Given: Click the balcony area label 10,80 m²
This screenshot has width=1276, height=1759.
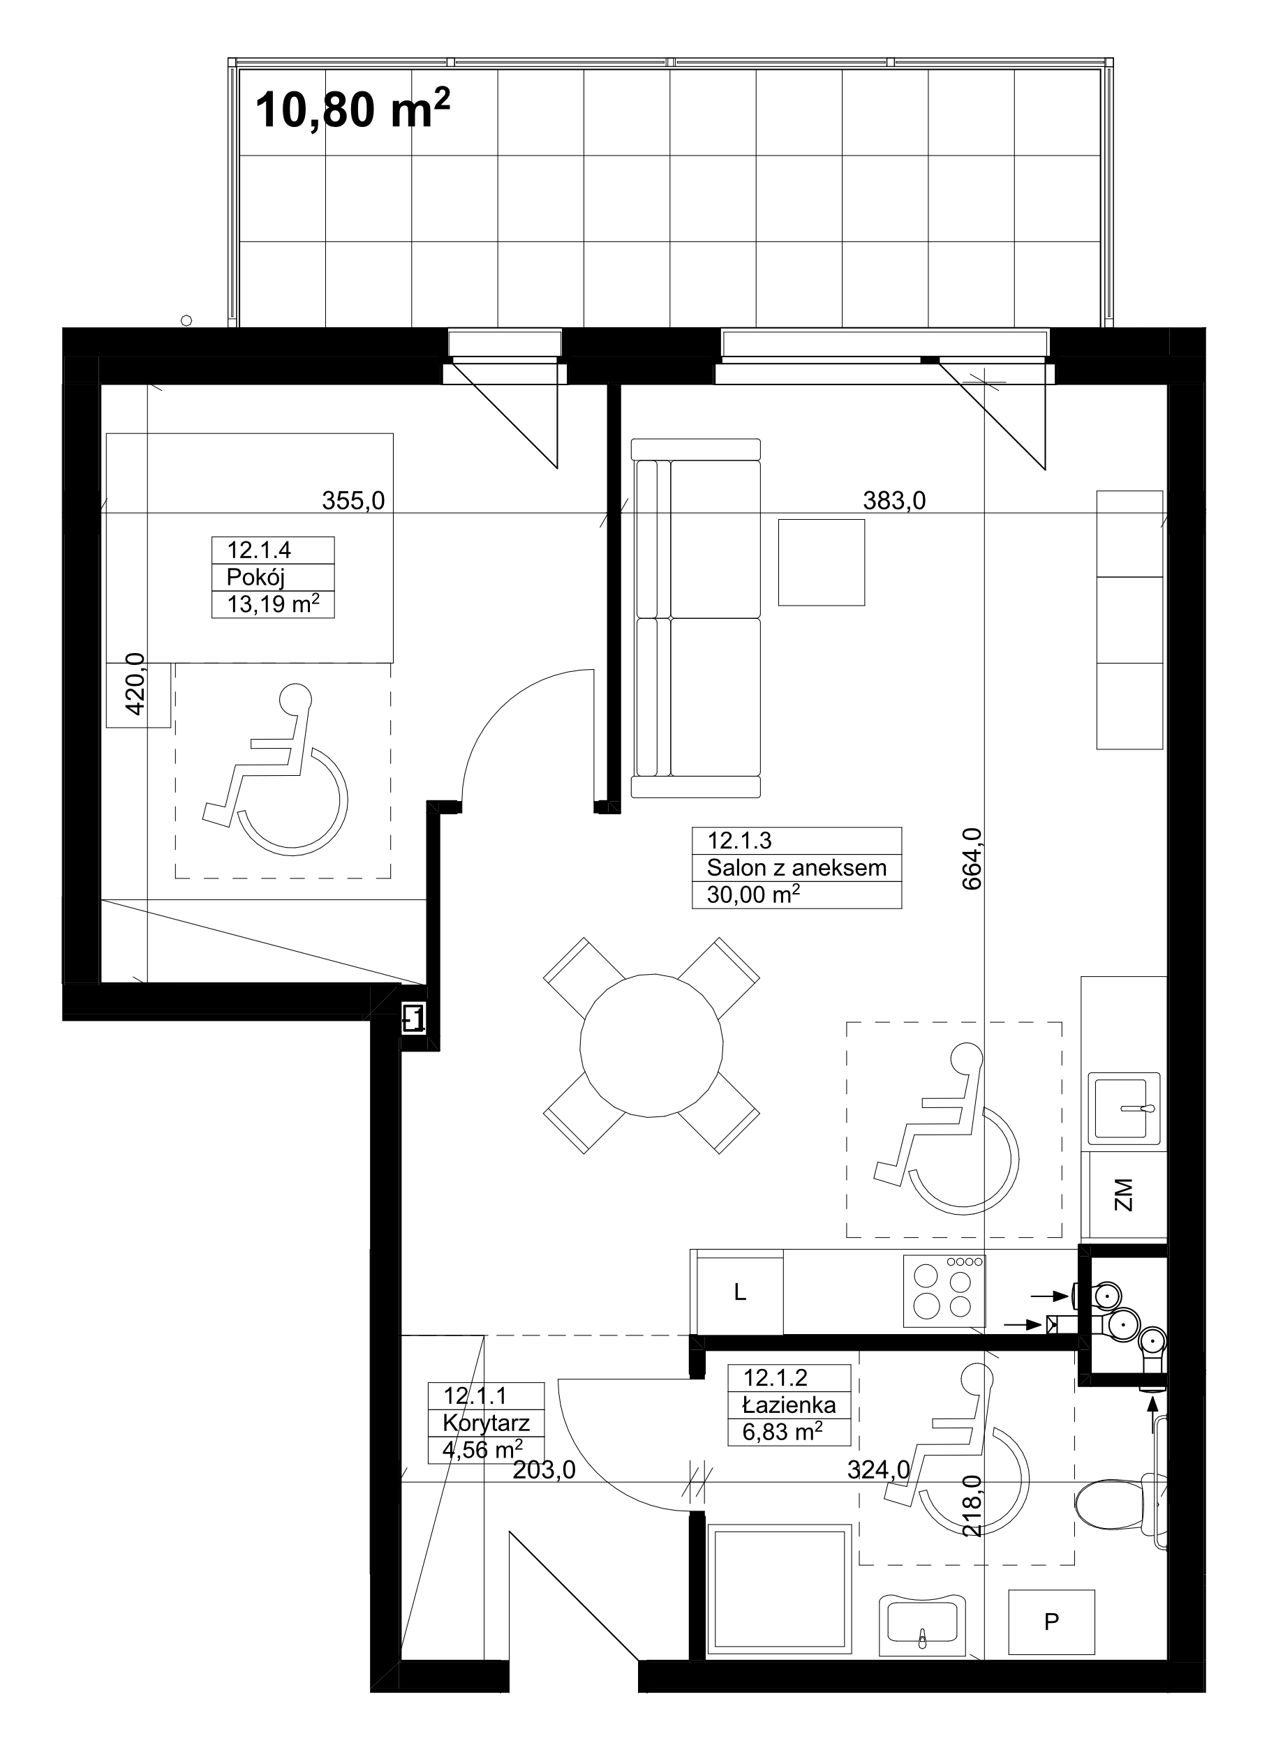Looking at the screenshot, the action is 353,109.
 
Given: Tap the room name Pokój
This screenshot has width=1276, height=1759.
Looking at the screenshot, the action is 255,578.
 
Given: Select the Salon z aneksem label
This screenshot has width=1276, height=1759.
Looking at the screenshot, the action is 796,868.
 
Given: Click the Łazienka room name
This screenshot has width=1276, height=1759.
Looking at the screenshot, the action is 789,1405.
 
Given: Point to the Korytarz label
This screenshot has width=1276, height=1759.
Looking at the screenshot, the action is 487,1423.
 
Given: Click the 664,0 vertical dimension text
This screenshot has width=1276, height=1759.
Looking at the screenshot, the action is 972,858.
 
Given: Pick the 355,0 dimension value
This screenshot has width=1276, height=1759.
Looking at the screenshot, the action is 354,501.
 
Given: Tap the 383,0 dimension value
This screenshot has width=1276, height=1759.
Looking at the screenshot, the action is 894,501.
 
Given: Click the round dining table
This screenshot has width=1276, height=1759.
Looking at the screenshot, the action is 651,1045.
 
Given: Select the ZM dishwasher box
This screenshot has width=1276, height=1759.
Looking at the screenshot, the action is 1124,1195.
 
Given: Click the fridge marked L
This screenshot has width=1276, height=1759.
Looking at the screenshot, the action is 740,1292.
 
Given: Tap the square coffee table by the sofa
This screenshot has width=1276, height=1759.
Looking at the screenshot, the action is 822,562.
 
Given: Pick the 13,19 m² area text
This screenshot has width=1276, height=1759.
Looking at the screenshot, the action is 273,604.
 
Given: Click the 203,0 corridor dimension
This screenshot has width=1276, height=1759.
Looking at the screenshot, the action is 544,1469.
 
